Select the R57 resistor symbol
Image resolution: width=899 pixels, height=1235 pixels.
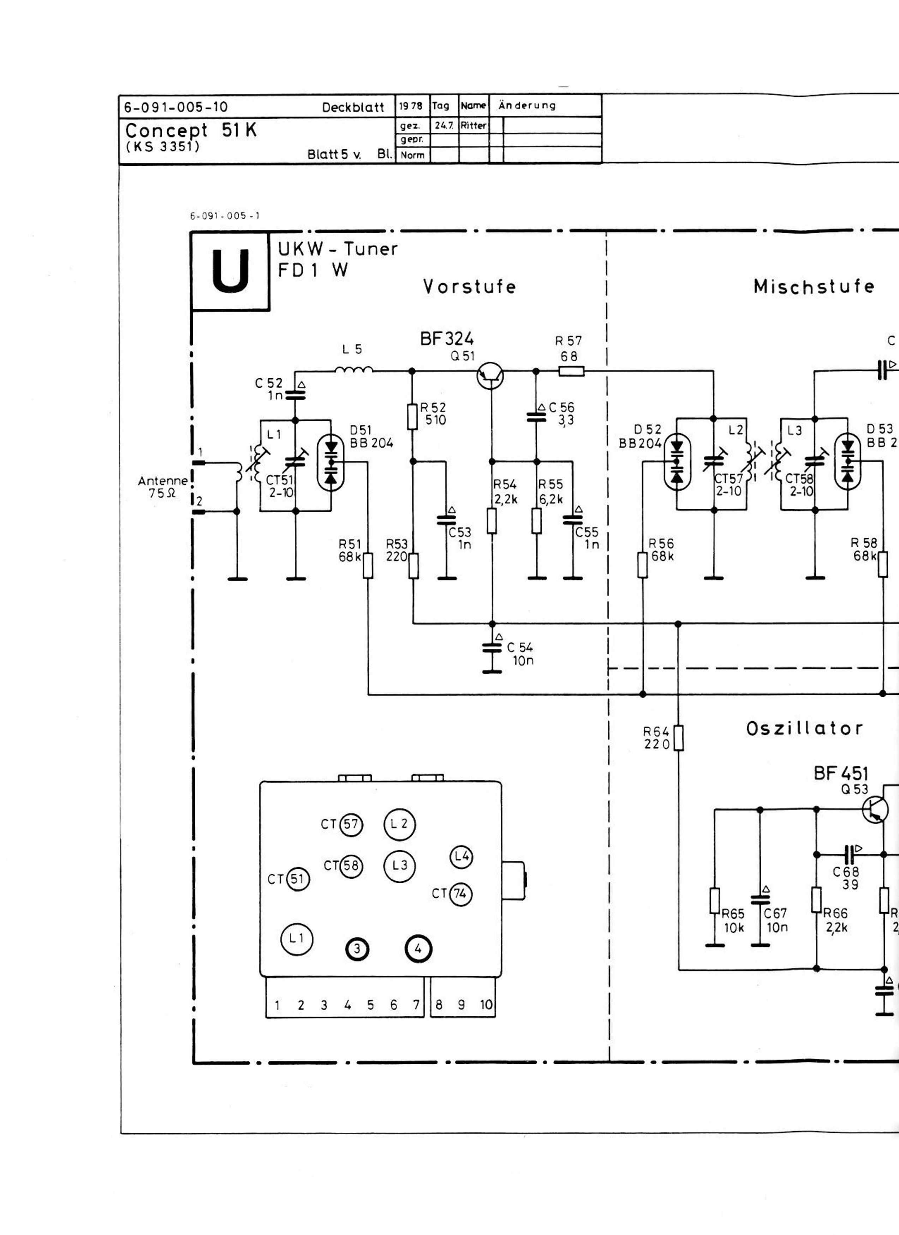coord(572,371)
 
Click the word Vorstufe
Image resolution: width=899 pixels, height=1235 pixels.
coord(469,287)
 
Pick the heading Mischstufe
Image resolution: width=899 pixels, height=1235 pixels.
coord(814,287)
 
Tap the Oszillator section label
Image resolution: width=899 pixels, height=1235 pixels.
coord(804,729)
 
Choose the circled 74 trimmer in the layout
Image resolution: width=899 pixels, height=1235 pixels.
coord(460,894)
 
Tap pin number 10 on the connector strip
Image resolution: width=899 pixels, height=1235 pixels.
coord(486,1005)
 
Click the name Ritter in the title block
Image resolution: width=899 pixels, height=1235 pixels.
coord(473,125)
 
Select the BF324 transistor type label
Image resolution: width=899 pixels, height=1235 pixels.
coord(447,339)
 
